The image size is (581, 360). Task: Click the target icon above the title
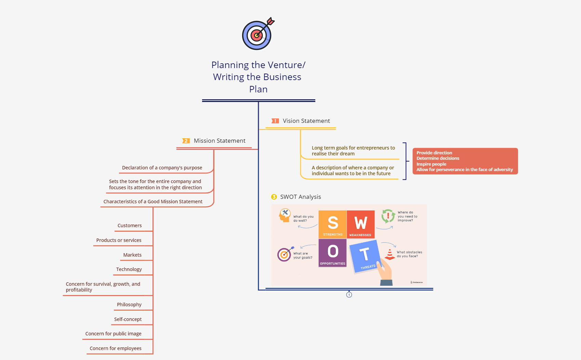257,34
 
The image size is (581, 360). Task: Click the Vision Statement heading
306,121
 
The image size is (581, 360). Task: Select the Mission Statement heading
220,141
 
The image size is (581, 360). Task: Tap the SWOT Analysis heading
300,197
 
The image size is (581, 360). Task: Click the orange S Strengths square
332,224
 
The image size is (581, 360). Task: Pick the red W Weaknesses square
360,224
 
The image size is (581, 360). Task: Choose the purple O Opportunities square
332,253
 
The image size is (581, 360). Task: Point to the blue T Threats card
365,256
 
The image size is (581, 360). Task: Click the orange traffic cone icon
389,254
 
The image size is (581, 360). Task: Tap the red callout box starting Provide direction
465,161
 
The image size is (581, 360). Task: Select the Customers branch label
130,226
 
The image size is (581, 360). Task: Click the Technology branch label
129,269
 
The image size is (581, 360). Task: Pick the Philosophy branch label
129,305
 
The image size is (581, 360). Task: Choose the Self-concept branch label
128,319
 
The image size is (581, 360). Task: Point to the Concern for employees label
116,348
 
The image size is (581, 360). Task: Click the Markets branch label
132,255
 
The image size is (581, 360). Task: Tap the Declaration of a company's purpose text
162,168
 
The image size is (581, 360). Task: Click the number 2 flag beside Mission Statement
186,141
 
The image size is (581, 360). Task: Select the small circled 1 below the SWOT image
349,295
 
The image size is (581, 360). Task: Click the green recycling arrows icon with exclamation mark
388,216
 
